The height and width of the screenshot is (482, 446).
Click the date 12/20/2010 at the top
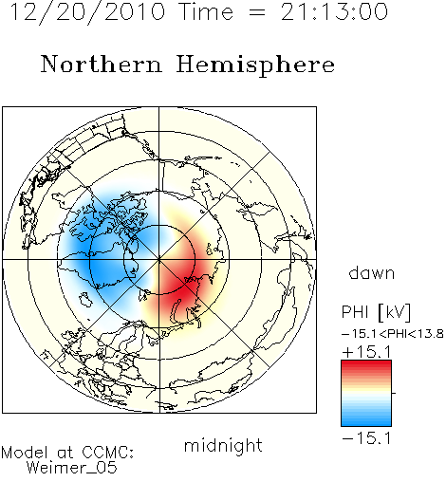[87, 12]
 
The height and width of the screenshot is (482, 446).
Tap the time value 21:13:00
[334, 11]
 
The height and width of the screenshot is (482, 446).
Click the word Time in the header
[206, 11]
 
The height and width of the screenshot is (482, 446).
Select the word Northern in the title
[102, 64]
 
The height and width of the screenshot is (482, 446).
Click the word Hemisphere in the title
[255, 65]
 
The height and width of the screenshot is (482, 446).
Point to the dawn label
[372, 272]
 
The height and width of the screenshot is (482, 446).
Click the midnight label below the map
[223, 446]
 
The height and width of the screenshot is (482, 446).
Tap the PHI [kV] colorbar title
[376, 312]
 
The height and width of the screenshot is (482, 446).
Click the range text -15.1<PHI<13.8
[393, 334]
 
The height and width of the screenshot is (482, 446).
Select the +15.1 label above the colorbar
[366, 352]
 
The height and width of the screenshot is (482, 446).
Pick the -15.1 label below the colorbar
[366, 438]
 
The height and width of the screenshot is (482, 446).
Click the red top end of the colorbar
[366, 364]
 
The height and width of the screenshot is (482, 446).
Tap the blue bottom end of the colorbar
[366, 422]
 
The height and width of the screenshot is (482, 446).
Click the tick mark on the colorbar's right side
[394, 393]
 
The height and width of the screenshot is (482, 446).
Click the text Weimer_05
[72, 468]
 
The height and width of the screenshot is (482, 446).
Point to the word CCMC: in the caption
[108, 453]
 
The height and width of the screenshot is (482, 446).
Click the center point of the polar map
[159, 260]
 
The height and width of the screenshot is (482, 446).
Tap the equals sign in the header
[257, 12]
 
